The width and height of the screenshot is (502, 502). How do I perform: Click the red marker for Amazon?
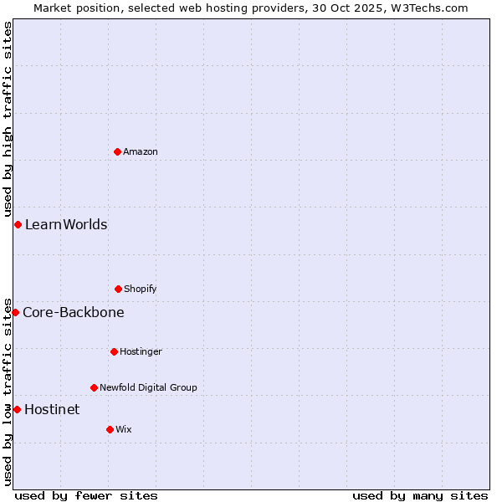click(117, 151)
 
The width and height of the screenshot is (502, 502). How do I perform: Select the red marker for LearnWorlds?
click(18, 224)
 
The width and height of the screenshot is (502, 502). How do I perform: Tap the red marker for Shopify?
click(118, 289)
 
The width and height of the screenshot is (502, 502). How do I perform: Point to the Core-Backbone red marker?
click(15, 312)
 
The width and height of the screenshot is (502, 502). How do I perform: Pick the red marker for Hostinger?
click(114, 351)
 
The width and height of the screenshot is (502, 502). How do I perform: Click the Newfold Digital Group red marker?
click(94, 387)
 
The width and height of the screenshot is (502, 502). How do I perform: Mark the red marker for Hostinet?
click(17, 409)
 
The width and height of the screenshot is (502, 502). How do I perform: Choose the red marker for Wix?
click(110, 429)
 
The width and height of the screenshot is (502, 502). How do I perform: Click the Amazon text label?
click(141, 151)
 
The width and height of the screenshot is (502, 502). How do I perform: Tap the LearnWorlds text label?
click(66, 224)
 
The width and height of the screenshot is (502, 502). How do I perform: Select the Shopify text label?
click(141, 289)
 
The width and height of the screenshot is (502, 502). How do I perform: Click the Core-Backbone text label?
click(74, 313)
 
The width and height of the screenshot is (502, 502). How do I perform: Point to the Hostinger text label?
click(141, 351)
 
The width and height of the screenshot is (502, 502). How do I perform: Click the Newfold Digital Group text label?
click(148, 387)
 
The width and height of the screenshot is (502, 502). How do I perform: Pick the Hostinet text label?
click(52, 410)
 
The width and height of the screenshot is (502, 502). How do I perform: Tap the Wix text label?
click(124, 429)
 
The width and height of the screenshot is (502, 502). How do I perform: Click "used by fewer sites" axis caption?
click(86, 495)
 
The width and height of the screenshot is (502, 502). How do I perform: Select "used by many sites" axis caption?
click(420, 495)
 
